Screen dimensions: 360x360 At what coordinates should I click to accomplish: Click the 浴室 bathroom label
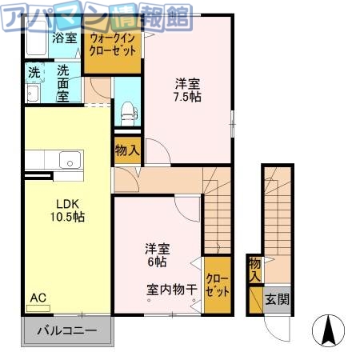[65, 37]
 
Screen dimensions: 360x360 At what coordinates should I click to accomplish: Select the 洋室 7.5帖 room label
[188, 89]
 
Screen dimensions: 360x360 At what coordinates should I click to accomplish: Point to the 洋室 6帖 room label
[156, 254]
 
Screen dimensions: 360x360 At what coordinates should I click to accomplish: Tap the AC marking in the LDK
[38, 298]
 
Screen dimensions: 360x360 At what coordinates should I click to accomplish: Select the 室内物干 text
[172, 290]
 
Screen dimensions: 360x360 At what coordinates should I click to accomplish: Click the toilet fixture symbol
[126, 112]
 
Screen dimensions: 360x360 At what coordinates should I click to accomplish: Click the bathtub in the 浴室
[36, 40]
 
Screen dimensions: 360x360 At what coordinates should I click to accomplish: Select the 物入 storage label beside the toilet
[128, 150]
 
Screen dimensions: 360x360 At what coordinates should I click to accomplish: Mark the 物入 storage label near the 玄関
[254, 269]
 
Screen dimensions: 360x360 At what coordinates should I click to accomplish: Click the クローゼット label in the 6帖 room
[217, 285]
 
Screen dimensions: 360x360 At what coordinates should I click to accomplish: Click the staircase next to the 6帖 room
[218, 208]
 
